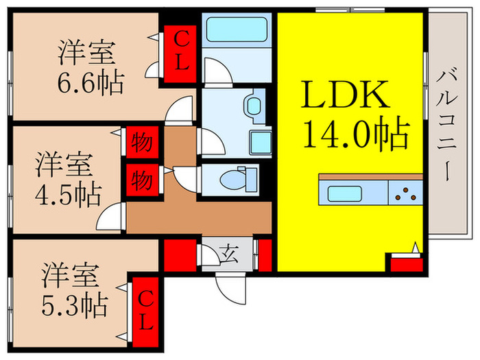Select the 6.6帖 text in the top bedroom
click(91, 84)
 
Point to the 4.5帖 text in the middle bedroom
click(68, 194)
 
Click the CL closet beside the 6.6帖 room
click(180, 51)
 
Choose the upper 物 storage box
click(141, 143)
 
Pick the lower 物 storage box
click(141, 182)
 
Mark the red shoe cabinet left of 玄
click(180, 256)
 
